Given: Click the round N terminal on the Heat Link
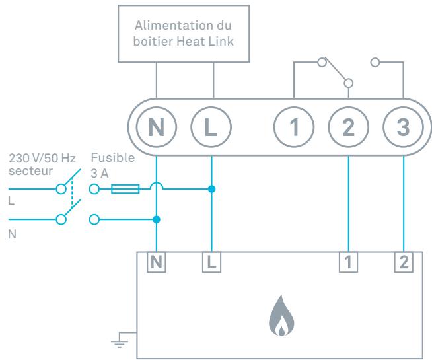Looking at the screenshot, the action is (x=156, y=127).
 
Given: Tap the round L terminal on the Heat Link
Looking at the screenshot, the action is (x=211, y=127).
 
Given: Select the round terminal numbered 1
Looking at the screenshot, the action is (x=294, y=127).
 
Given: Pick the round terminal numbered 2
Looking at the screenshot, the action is (x=349, y=127).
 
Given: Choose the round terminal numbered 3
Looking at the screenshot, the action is (x=403, y=127).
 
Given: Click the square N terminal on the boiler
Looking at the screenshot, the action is (x=156, y=262).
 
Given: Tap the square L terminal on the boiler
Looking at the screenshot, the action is (x=211, y=262).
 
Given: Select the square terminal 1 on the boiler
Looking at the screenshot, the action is (x=349, y=262).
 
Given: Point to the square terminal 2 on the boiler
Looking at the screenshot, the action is (x=404, y=262).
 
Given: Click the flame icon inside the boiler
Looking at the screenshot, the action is (x=281, y=316).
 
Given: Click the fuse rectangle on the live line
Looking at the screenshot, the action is (x=126, y=189).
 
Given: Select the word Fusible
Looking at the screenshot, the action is (x=113, y=158).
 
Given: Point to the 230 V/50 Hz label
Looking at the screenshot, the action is (x=42, y=159).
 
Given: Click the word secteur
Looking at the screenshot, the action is (x=30, y=171).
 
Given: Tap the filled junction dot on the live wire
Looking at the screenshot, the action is (x=211, y=189).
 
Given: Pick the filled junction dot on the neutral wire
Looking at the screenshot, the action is (x=157, y=219).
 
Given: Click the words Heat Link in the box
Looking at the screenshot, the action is (x=205, y=42).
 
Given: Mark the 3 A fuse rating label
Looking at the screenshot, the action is (x=100, y=174).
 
